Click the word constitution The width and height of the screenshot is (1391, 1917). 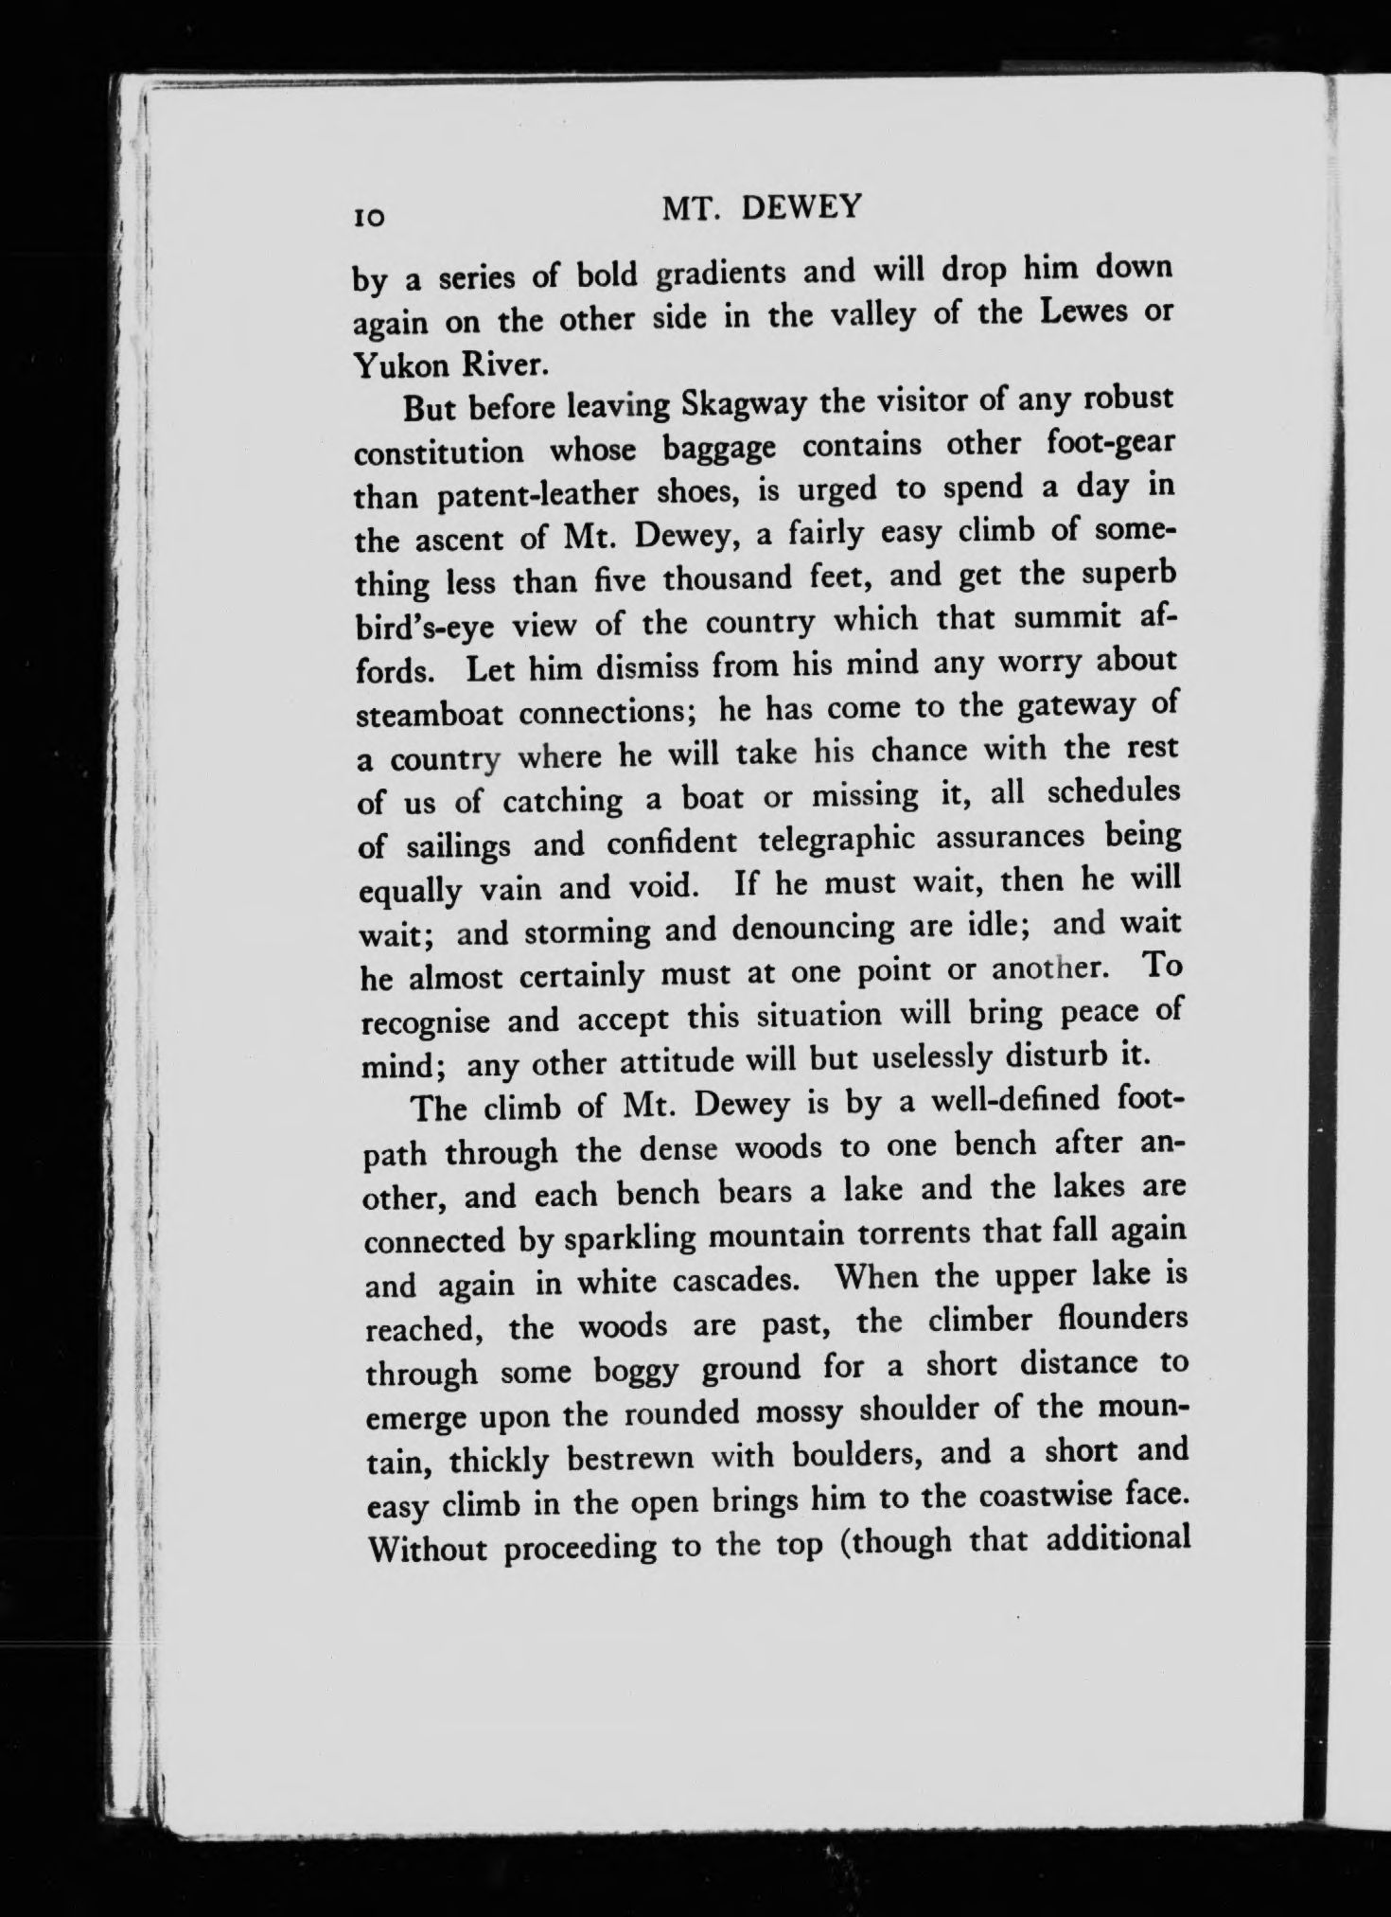tap(438, 451)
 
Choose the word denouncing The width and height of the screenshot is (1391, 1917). tap(813, 928)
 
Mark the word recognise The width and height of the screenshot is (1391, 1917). tap(427, 1022)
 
